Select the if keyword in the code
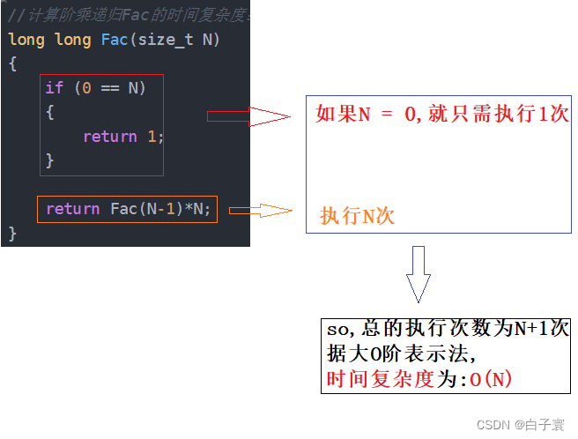pos(55,87)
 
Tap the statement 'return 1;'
pos(123,137)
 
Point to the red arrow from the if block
pos(248,116)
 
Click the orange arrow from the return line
pos(260,210)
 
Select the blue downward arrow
pos(419,274)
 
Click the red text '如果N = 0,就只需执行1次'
pos(442,115)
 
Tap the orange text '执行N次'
pos(357,216)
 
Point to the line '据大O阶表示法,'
pos(402,354)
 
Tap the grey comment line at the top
pos(128,15)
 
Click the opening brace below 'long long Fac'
pos(12,63)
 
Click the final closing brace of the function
pos(12,234)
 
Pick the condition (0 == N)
pos(109,87)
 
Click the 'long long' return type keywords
pos(48,40)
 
